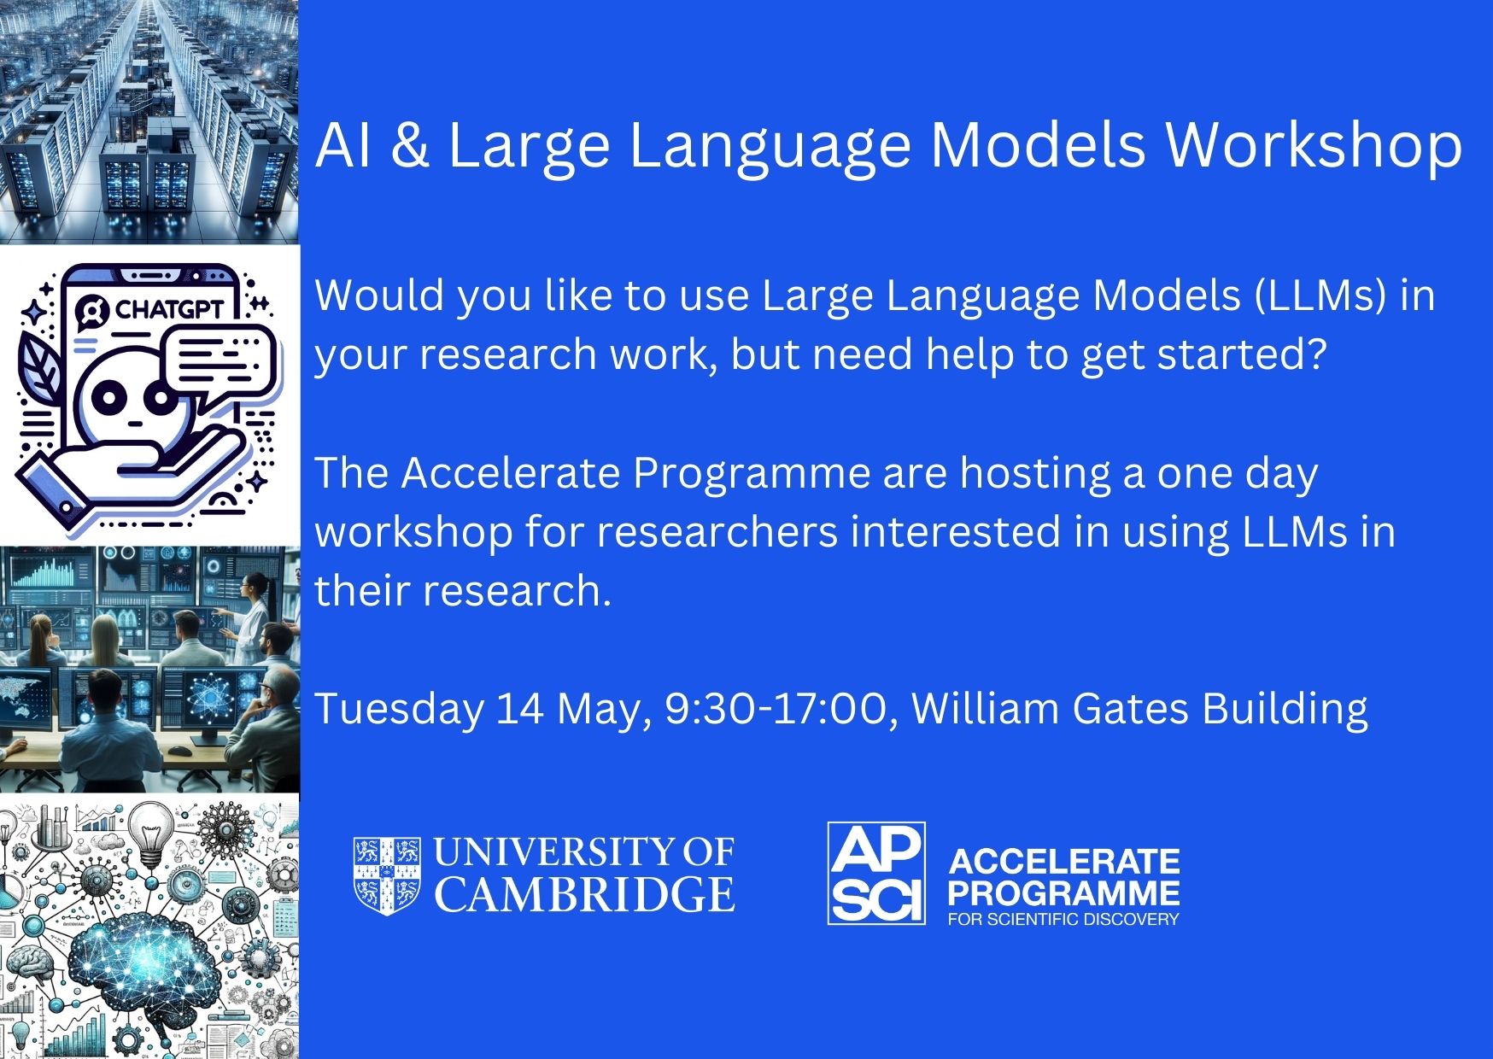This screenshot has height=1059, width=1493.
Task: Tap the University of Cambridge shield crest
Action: click(x=387, y=875)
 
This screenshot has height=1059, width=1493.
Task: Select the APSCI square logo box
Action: click(x=876, y=873)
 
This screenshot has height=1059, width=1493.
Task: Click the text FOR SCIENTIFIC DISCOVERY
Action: click(x=1063, y=919)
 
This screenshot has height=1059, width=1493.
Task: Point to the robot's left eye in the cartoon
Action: click(x=108, y=395)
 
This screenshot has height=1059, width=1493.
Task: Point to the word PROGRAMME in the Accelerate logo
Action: click(x=1063, y=892)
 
